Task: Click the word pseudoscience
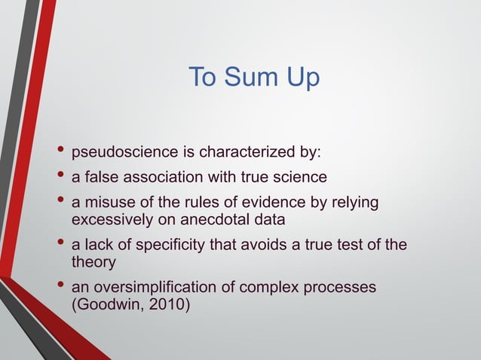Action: point(124,153)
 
